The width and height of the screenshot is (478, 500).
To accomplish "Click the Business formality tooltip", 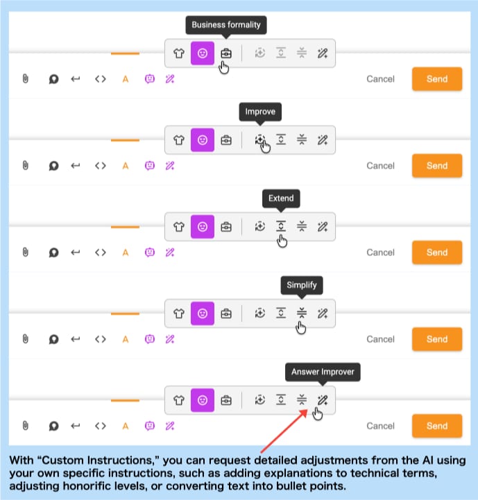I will pyautogui.click(x=225, y=25).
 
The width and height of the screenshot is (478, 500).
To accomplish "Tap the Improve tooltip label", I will pyautogui.click(x=260, y=112).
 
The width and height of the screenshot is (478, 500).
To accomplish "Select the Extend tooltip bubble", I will pyautogui.click(x=281, y=198).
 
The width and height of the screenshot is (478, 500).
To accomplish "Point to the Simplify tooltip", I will pyautogui.click(x=302, y=285).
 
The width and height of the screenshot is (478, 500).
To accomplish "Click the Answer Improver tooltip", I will pyautogui.click(x=323, y=372).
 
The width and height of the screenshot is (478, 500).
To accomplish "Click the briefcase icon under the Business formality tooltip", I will pyautogui.click(x=225, y=53).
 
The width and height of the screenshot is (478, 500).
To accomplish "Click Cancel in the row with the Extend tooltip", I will pyautogui.click(x=380, y=252).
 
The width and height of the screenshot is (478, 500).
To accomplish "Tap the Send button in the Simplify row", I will pyautogui.click(x=436, y=339).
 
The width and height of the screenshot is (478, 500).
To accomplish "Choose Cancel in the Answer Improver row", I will pyautogui.click(x=380, y=426).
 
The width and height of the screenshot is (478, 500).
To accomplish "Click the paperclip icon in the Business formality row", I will pyautogui.click(x=25, y=79).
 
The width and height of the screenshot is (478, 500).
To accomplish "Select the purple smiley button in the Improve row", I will pyautogui.click(x=203, y=140).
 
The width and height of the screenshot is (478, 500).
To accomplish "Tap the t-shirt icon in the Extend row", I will pyautogui.click(x=179, y=227).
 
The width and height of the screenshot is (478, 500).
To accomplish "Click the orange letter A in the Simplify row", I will pyautogui.click(x=126, y=339).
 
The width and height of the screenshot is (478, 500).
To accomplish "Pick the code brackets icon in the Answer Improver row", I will pyautogui.click(x=101, y=426).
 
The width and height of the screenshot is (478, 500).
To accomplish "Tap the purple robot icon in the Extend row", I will pyautogui.click(x=149, y=252).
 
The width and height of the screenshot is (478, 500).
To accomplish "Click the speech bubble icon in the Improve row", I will pyautogui.click(x=53, y=166).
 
